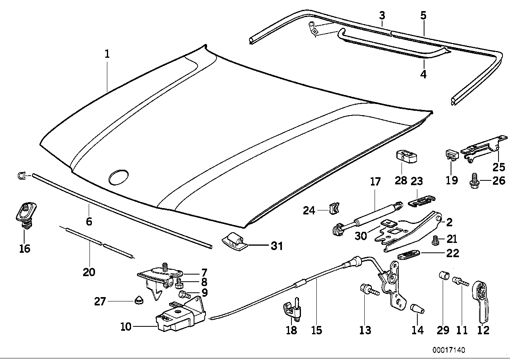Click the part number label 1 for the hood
point(107,55)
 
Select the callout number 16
point(24,248)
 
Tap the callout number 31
point(277,246)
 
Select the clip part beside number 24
point(335,208)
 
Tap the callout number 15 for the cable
point(317,330)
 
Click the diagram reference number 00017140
point(448,350)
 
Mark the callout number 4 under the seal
point(423,74)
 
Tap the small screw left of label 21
point(436,240)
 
